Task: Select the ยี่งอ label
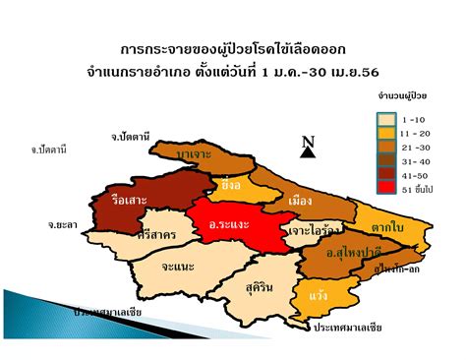click(x=232, y=184)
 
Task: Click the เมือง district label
click(x=302, y=201)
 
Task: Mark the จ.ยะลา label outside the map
click(x=62, y=224)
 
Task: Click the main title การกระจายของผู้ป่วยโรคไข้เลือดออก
click(x=233, y=47)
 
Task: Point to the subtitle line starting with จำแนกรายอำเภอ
click(x=233, y=72)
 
